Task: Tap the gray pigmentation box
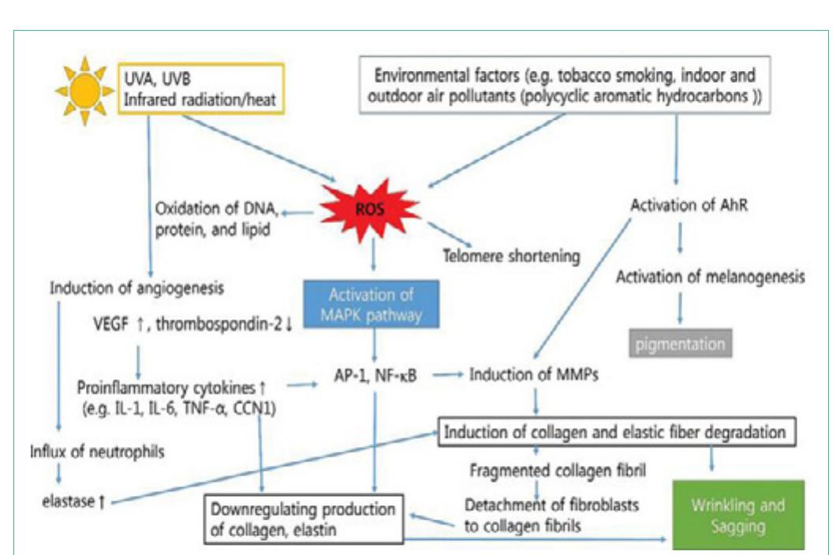[680, 345]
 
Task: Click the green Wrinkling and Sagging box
[737, 514]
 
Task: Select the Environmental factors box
[565, 87]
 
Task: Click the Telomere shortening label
[512, 256]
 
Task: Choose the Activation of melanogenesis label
[711, 277]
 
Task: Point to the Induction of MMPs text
[534, 375]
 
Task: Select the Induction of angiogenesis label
[136, 288]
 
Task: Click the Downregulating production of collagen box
[303, 519]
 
